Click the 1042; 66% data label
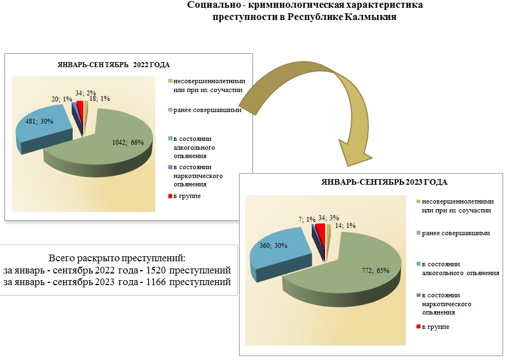(x=127, y=142)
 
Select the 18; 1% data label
(x=100, y=99)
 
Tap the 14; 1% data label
(x=344, y=226)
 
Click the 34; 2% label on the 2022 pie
(x=84, y=93)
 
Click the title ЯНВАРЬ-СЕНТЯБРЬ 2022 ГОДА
(x=114, y=65)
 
